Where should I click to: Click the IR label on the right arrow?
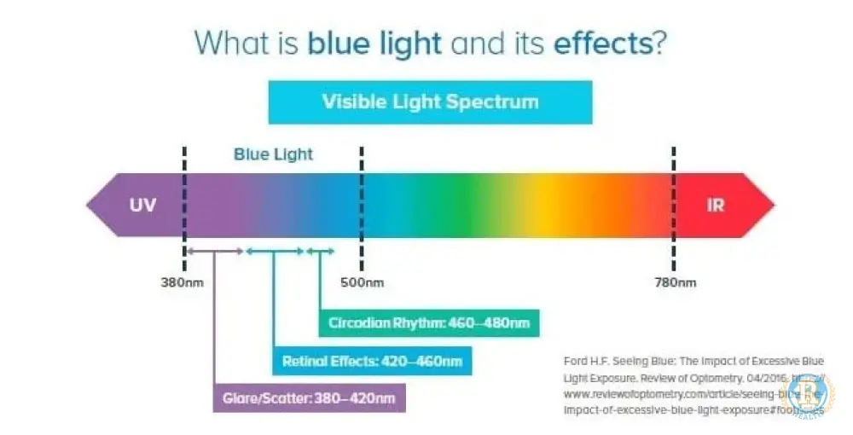point(717,206)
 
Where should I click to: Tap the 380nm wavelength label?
point(182,282)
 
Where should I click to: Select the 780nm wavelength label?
point(675,282)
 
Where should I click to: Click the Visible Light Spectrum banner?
point(430,102)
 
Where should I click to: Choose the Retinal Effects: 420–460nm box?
point(372,361)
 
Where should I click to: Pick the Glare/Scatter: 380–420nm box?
point(309,397)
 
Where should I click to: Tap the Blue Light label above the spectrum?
point(273,154)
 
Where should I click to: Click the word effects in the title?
point(601,42)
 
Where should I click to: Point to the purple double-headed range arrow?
point(215,251)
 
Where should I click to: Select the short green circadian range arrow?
point(321,251)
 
